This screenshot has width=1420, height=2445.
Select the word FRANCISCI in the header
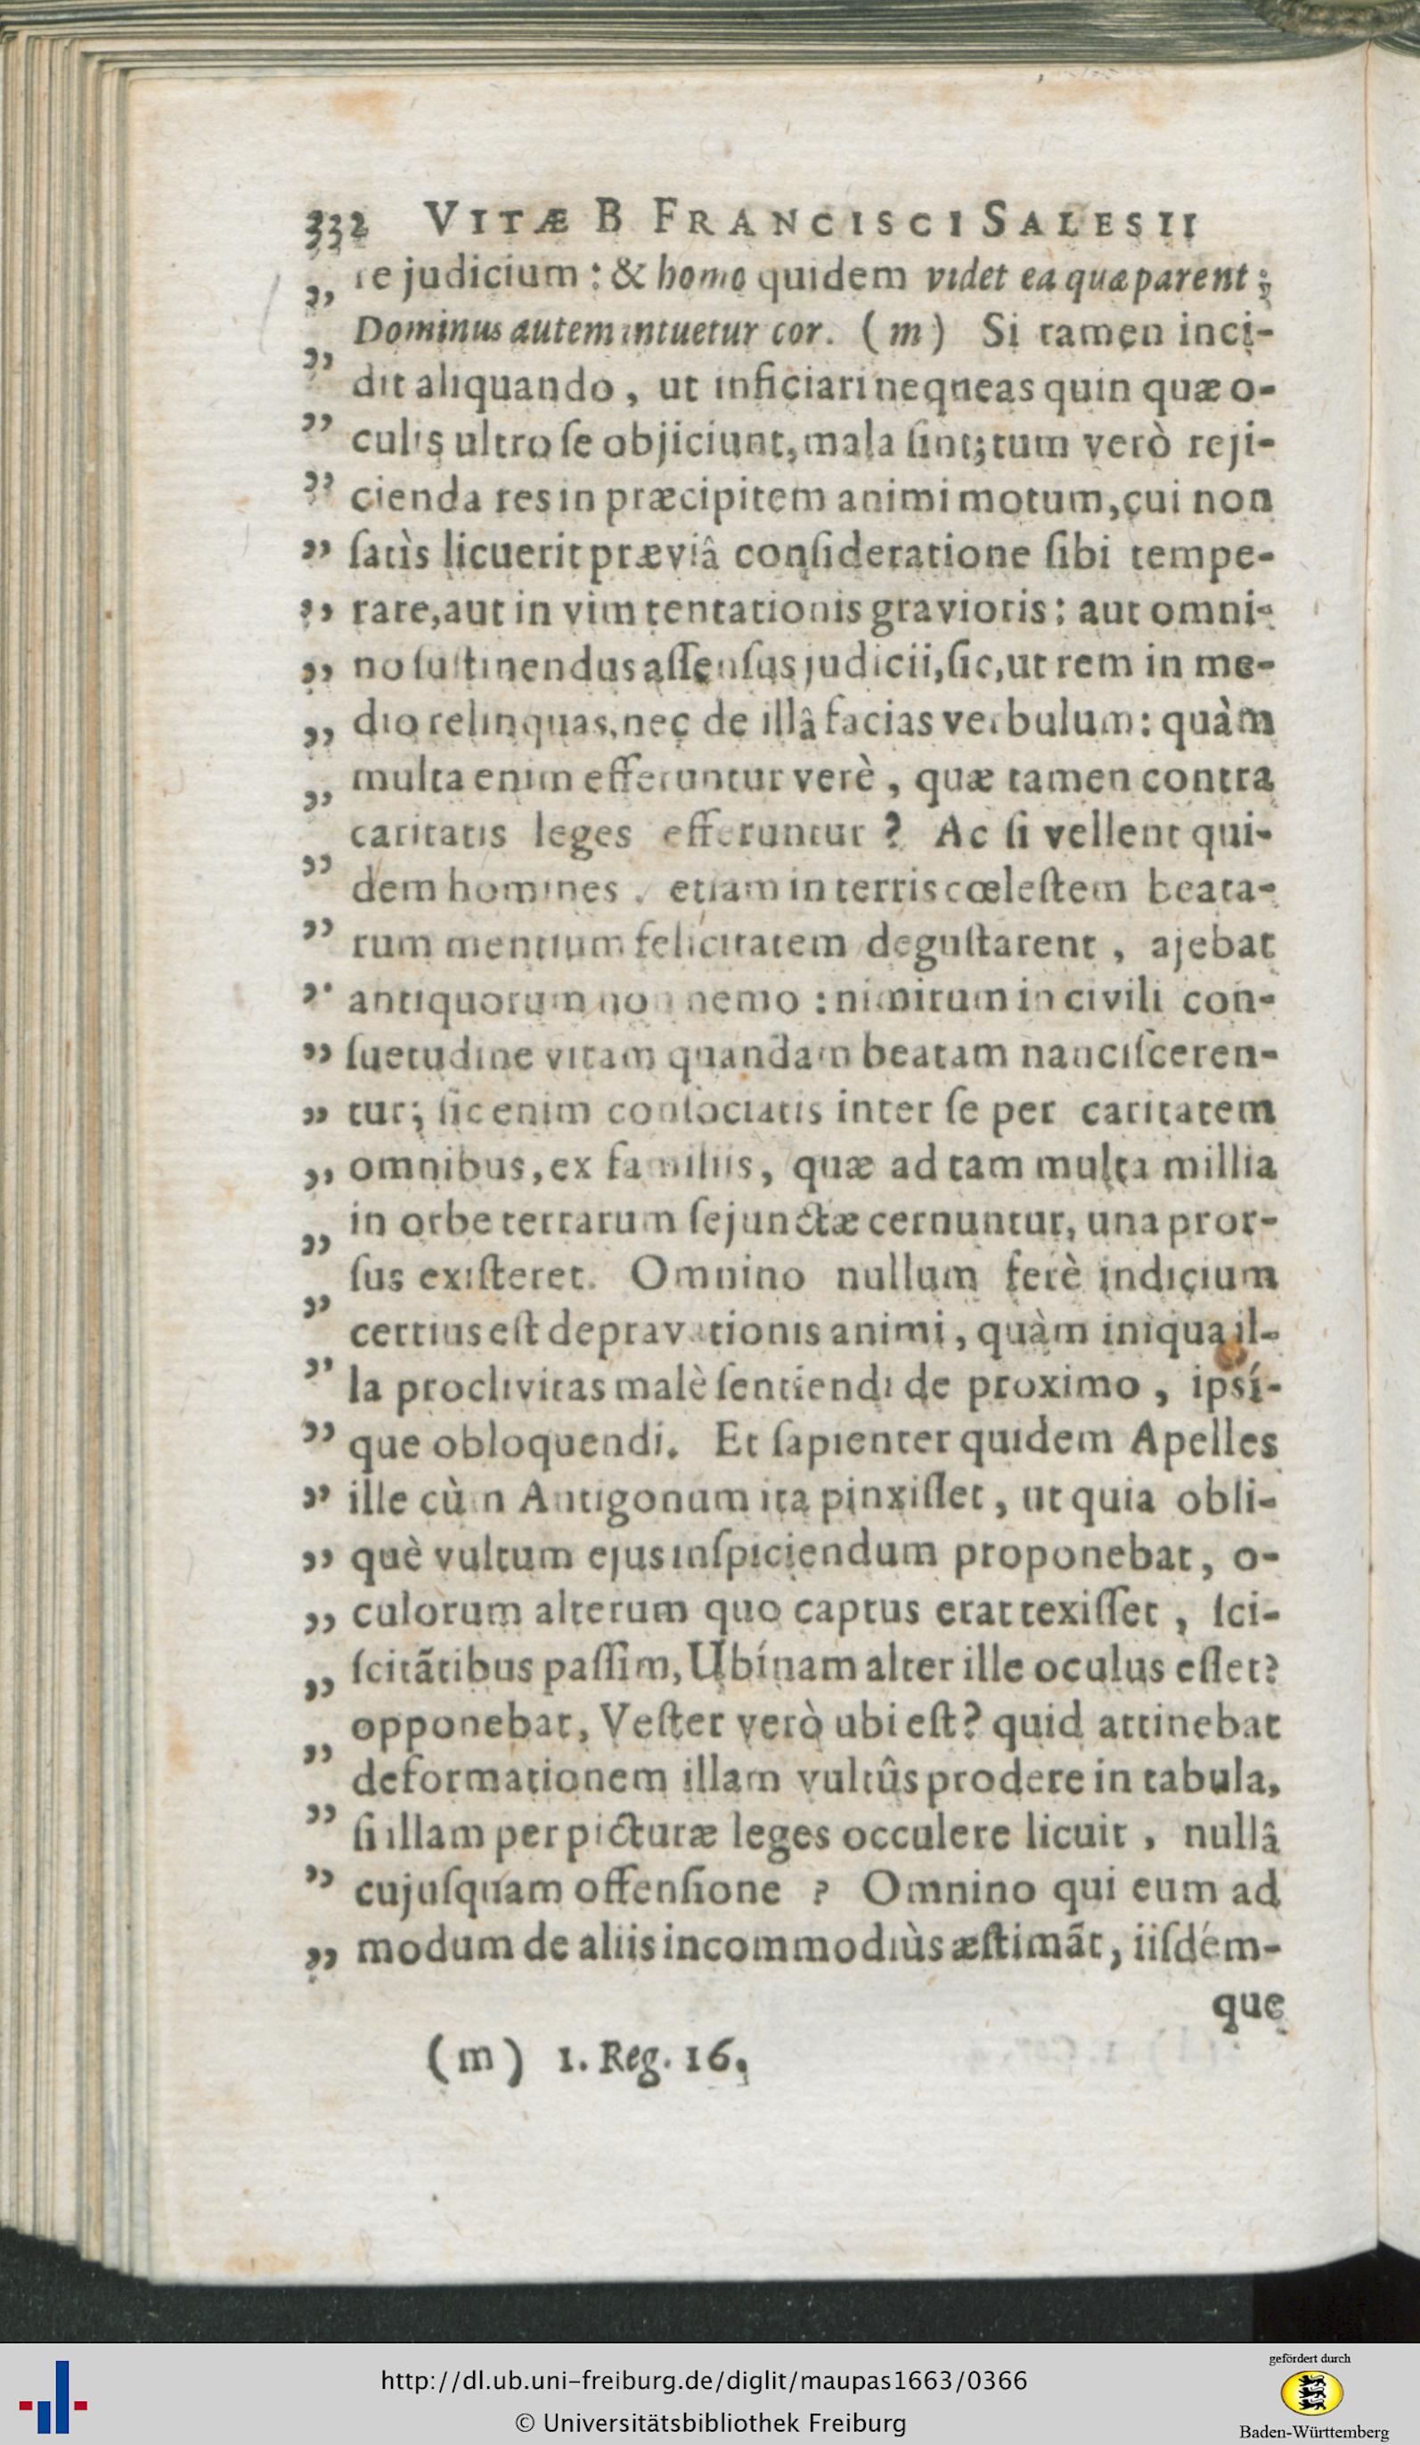789,226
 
